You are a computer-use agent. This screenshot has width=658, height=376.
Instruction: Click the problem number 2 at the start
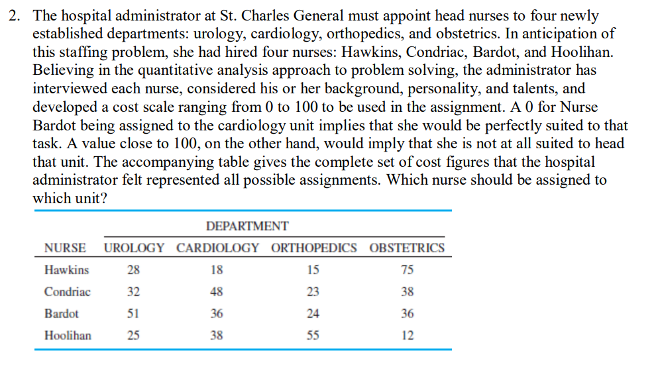tap(14, 16)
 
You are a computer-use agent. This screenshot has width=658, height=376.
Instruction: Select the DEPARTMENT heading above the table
tap(247, 226)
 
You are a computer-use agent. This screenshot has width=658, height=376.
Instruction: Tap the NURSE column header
tap(64, 248)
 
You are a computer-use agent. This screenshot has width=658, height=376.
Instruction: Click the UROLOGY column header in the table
tap(134, 248)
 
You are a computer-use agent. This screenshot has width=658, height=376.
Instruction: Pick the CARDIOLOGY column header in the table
tap(217, 248)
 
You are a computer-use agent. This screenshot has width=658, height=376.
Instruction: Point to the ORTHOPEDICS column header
tap(313, 248)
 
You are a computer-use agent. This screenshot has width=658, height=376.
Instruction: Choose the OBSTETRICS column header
tap(407, 248)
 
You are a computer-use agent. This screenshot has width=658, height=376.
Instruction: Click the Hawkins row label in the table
tap(66, 270)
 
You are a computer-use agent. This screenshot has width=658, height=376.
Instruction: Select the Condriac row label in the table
tap(68, 292)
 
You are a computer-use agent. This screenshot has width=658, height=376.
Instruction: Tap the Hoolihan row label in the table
tap(68, 336)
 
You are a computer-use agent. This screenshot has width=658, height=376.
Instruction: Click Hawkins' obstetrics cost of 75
tap(408, 270)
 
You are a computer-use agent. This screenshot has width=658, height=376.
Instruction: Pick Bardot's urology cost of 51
tap(133, 314)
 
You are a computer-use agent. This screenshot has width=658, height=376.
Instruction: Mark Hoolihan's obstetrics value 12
tap(408, 336)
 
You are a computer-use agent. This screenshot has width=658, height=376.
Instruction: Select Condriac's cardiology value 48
tap(217, 292)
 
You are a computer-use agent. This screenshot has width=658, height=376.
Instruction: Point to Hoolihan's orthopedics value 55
tap(313, 336)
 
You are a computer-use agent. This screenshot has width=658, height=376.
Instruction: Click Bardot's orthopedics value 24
tap(313, 314)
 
